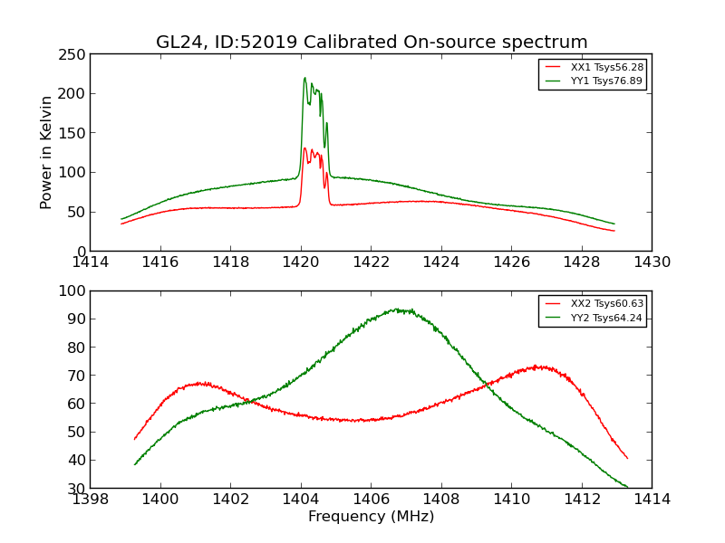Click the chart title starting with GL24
click(x=372, y=43)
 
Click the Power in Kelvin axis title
click(x=46, y=152)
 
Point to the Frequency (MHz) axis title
click(x=371, y=517)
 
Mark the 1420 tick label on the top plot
click(x=301, y=262)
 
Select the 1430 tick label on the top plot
click(x=652, y=262)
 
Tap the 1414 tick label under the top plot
click(x=91, y=262)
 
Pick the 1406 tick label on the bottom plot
click(x=371, y=499)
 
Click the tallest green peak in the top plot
click(x=304, y=78)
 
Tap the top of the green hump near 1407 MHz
click(x=397, y=310)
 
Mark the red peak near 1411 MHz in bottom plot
click(x=538, y=367)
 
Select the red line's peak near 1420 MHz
click(x=304, y=148)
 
